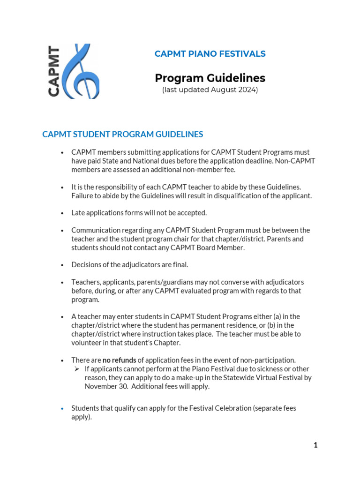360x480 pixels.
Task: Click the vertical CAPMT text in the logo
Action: point(54,71)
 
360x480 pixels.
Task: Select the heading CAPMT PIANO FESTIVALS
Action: point(210,54)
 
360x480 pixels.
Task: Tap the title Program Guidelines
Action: point(210,78)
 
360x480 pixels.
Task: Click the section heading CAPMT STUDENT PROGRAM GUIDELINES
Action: point(123,135)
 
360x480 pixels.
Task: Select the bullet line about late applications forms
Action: point(139,213)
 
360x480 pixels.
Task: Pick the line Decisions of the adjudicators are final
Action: point(129,265)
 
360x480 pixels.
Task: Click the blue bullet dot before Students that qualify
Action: point(62,409)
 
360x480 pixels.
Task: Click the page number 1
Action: point(315,445)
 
